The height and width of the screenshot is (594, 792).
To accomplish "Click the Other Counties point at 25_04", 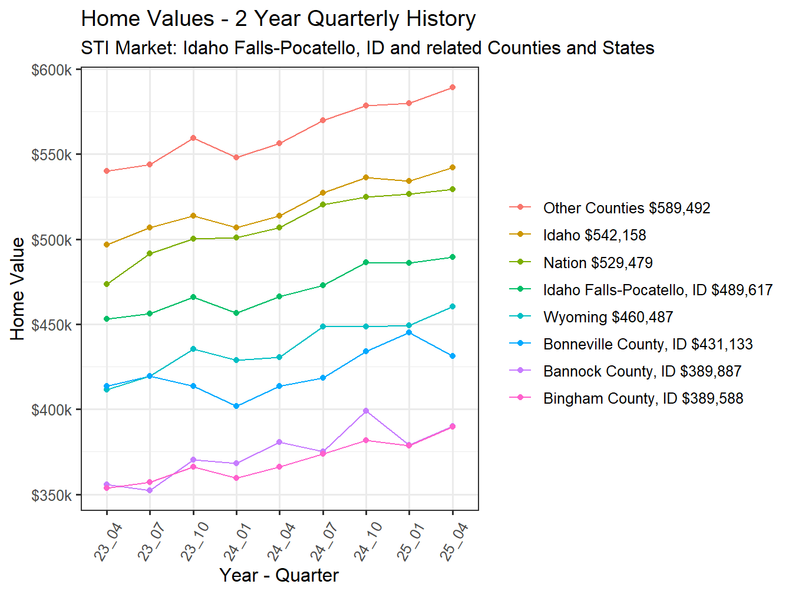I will pyautogui.click(x=453, y=87).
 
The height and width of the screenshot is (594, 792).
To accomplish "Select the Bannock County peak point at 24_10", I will pyautogui.click(x=366, y=411).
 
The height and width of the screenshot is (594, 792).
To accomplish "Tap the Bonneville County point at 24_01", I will pyautogui.click(x=236, y=406).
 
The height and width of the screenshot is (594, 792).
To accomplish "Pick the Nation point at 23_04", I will pyautogui.click(x=107, y=284).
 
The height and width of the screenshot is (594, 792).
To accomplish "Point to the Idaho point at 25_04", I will pyautogui.click(x=453, y=167).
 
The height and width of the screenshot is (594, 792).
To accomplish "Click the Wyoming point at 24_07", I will pyautogui.click(x=323, y=326).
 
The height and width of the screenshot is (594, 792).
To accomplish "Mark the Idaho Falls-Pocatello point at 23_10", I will pyautogui.click(x=193, y=297).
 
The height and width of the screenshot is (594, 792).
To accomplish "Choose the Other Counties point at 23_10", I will pyautogui.click(x=193, y=138).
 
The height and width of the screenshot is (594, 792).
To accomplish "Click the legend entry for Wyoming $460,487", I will pyautogui.click(x=608, y=317).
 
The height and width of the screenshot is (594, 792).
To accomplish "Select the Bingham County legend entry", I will pyautogui.click(x=643, y=398).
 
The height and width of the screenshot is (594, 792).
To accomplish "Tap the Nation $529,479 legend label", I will pyautogui.click(x=598, y=263).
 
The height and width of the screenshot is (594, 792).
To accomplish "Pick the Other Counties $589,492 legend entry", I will pyautogui.click(x=626, y=208).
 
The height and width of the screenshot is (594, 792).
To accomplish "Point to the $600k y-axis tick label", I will pyautogui.click(x=51, y=70).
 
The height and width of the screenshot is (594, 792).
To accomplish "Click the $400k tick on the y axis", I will pyautogui.click(x=51, y=410).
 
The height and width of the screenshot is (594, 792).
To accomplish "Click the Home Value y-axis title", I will pyautogui.click(x=18, y=289).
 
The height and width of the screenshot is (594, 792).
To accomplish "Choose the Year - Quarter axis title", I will pyautogui.click(x=279, y=575).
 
